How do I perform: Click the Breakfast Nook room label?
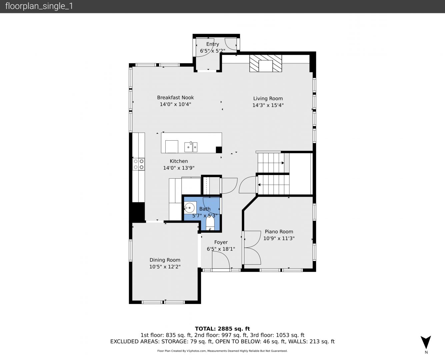tap(175, 98)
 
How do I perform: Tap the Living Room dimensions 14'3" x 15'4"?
tap(268, 105)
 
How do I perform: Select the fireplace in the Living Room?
tap(266, 63)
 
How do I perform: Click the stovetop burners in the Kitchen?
tap(139, 164)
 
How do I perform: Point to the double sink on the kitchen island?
tap(191, 147)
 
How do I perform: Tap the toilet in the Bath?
tap(210, 223)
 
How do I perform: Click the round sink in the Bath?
tap(189, 208)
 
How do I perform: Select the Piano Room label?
tap(279, 232)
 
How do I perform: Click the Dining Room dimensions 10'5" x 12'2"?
tap(165, 267)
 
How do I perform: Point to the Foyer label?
tap(221, 242)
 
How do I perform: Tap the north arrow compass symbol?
tap(426, 342)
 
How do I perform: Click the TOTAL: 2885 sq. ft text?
tap(222, 329)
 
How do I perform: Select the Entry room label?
tap(213, 44)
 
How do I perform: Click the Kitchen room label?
tap(179, 161)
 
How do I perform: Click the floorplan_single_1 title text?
tap(39, 6)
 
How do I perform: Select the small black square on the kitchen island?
tap(219, 150)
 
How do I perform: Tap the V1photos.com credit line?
tap(222, 351)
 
